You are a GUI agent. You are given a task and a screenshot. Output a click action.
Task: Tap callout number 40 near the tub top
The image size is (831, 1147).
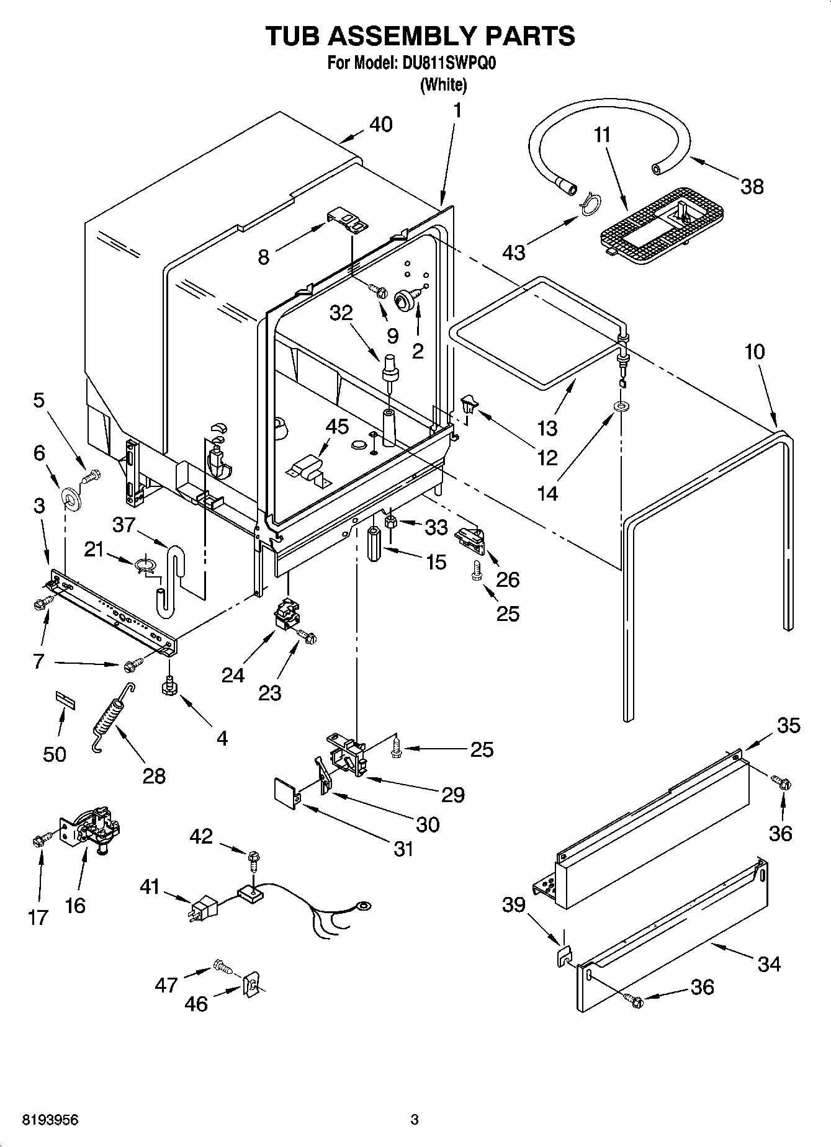tap(380, 125)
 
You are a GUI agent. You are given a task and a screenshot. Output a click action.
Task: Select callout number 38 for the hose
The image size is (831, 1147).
tap(752, 186)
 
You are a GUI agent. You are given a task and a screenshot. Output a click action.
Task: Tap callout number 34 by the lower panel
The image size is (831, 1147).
tap(768, 963)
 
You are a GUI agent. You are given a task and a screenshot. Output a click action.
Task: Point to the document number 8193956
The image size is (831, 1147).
tap(50, 1120)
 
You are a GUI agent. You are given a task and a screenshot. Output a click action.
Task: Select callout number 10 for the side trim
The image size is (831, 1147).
tap(753, 352)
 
